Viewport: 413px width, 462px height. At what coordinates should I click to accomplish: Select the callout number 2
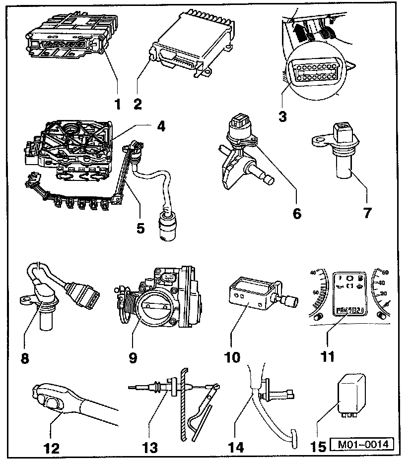pos(138,104)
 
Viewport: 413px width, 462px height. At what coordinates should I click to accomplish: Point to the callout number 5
pos(140,228)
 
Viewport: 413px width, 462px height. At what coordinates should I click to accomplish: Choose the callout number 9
pos(133,357)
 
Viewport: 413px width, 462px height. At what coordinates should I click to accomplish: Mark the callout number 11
pos(327,356)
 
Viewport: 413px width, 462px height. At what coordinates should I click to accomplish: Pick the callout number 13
pos(150,448)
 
